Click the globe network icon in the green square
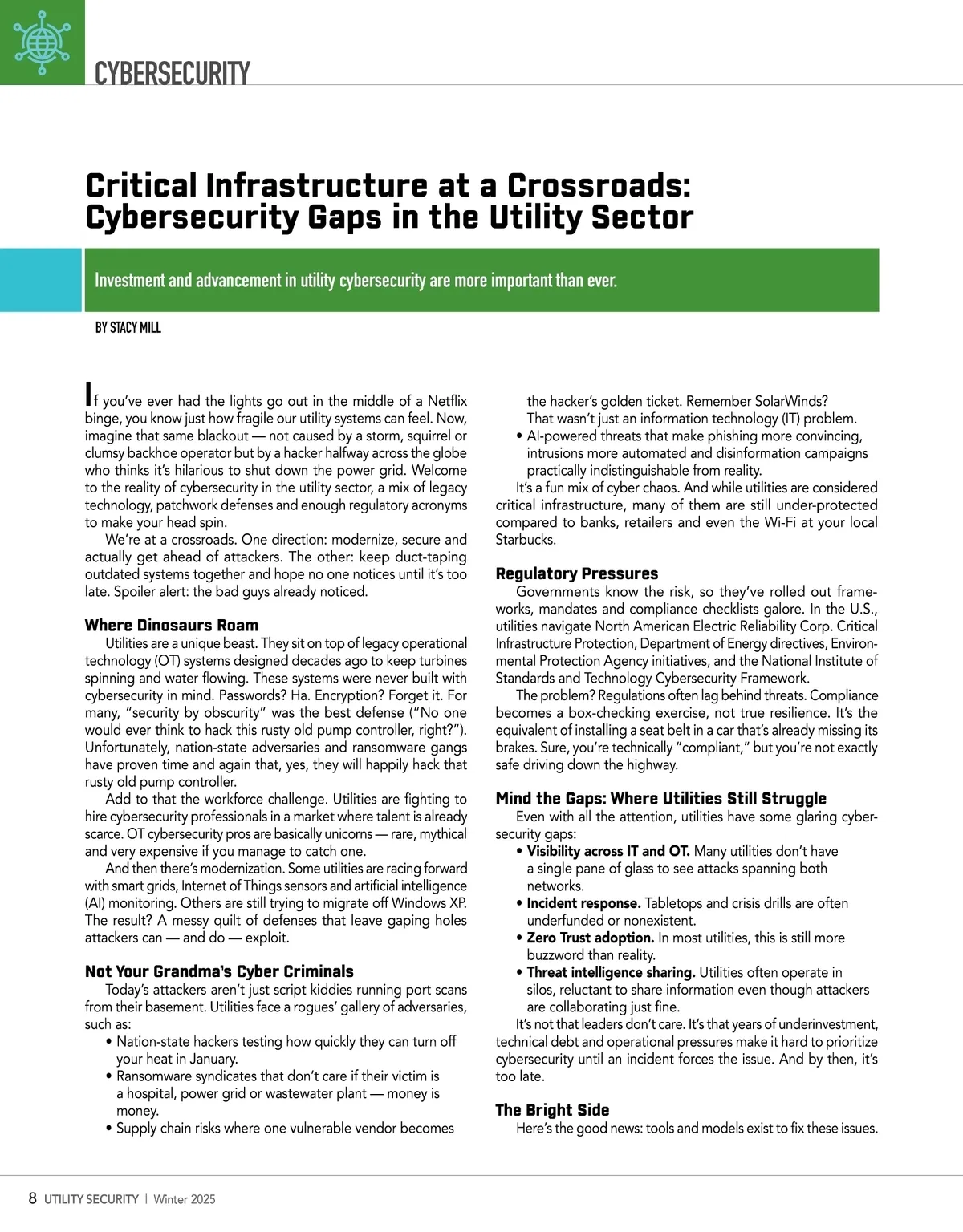click(x=42, y=42)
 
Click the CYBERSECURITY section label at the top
click(x=172, y=73)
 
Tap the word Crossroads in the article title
click(x=598, y=185)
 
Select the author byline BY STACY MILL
click(x=128, y=327)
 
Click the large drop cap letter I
click(x=88, y=394)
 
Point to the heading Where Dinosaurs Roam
click(x=172, y=626)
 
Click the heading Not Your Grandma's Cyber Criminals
click(x=219, y=971)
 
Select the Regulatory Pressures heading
click(x=576, y=573)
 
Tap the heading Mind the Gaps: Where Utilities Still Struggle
click(x=660, y=798)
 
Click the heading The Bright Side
click(x=552, y=1110)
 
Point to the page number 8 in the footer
click(x=32, y=1198)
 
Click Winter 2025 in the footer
click(x=185, y=1199)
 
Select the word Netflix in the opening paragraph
click(x=447, y=401)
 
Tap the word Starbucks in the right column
click(x=525, y=540)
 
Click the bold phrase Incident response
click(x=583, y=903)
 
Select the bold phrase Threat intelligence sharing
click(x=611, y=972)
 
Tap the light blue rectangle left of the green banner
click(x=40, y=280)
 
